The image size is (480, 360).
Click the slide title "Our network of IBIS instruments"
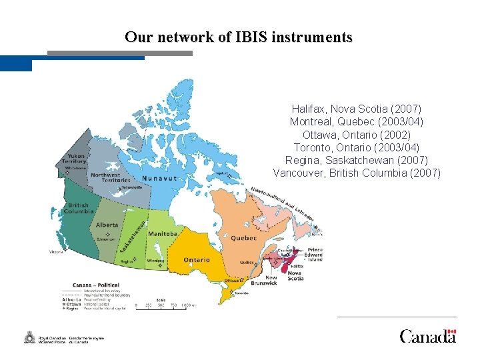coord(238,37)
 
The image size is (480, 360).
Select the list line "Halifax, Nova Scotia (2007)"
coord(357,108)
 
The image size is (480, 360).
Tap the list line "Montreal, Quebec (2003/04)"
coord(357,121)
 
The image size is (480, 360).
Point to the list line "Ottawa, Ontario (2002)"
coord(357,134)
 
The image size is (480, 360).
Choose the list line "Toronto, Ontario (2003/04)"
coord(357,147)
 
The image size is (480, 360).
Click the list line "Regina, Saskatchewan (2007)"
coord(357,160)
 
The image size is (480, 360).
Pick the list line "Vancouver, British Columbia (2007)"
coord(357,173)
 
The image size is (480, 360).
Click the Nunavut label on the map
coord(158,179)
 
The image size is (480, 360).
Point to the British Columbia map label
coord(78,208)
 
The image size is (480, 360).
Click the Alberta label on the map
coord(107,225)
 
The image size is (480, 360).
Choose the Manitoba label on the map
coord(163,234)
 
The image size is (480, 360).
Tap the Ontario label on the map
coord(196,260)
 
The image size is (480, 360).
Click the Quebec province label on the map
coord(243,238)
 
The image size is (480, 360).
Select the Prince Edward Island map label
coord(314,254)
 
